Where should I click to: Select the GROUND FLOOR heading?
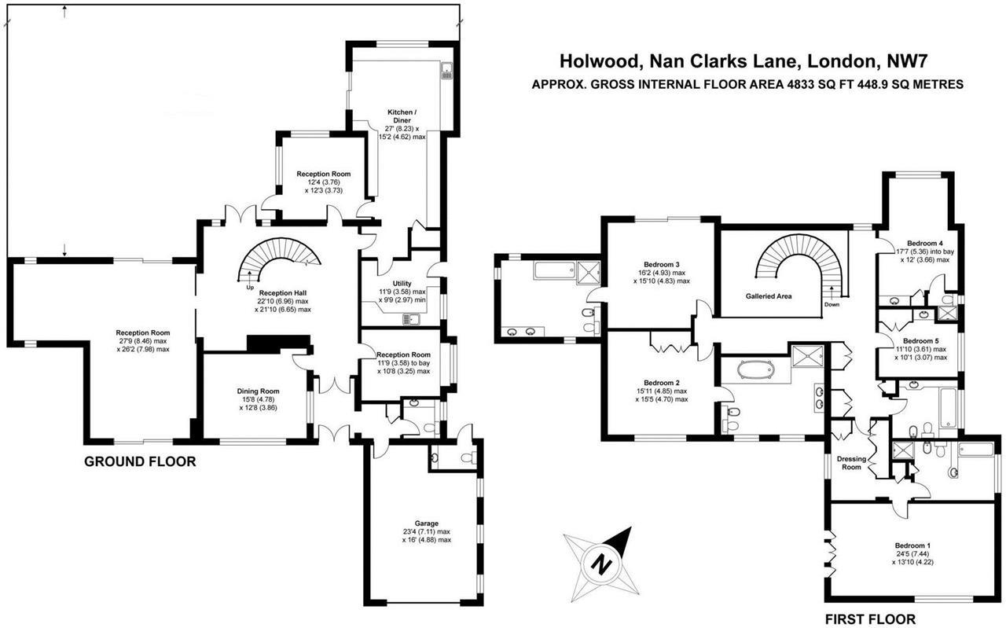pyautogui.click(x=139, y=461)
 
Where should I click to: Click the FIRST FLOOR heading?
pyautogui.click(x=870, y=619)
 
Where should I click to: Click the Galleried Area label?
pyautogui.click(x=768, y=296)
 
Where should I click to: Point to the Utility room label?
pyautogui.click(x=402, y=283)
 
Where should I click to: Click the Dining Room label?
pyautogui.click(x=259, y=391)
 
